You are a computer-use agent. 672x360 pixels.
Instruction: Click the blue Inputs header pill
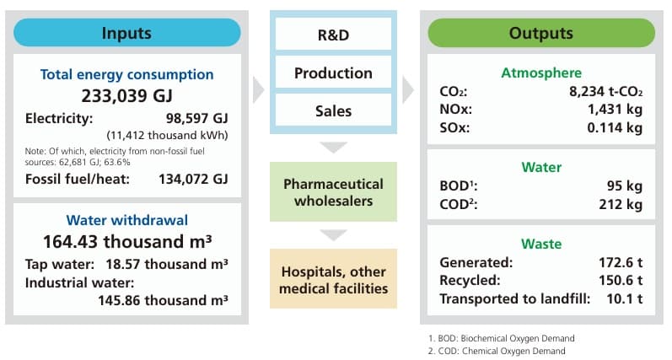(x=126, y=34)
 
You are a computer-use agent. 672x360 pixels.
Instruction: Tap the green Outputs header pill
(x=540, y=34)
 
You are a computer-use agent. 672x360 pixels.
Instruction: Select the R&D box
(x=334, y=37)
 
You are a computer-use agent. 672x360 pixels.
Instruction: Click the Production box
(x=334, y=73)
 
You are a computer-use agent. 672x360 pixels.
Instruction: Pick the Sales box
(x=334, y=110)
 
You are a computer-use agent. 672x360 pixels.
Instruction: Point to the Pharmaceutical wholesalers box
(x=334, y=192)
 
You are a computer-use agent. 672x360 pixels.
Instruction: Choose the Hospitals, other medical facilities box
(x=334, y=279)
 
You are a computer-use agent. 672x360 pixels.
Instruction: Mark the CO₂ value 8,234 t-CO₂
(x=599, y=92)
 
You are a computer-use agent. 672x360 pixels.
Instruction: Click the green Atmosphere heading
(x=540, y=73)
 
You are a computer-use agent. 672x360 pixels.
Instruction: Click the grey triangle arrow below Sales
(x=334, y=147)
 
